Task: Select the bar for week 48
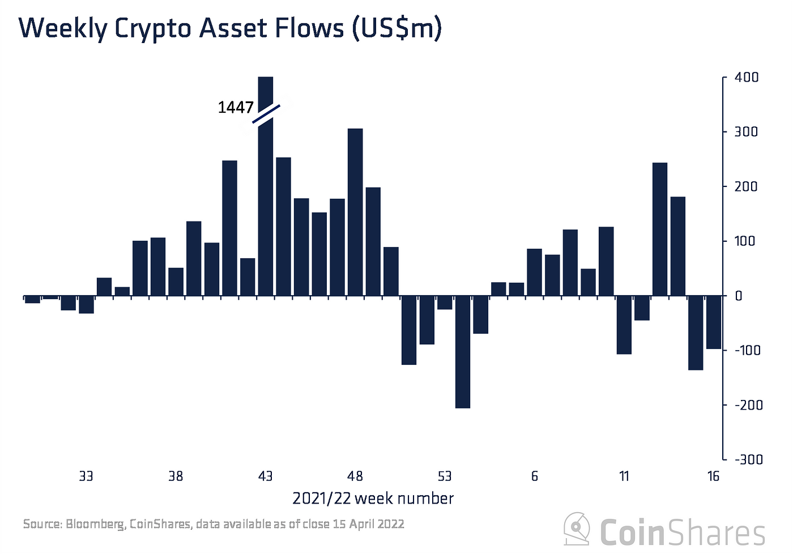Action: (355, 212)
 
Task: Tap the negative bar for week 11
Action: (624, 325)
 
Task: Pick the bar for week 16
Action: (714, 322)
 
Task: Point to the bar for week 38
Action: (176, 282)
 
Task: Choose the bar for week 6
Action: (534, 272)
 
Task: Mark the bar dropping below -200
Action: (462, 352)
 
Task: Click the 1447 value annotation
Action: (236, 108)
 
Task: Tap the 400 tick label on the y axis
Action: (747, 77)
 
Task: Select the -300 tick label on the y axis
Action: (748, 459)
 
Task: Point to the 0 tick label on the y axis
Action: (738, 296)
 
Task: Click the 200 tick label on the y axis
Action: (746, 186)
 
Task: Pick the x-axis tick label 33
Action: (86, 476)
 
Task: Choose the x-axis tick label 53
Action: (445, 476)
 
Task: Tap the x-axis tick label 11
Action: (624, 476)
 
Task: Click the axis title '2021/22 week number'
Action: (373, 499)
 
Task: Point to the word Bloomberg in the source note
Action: (95, 524)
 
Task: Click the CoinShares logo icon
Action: (577, 529)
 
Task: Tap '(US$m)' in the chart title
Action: (396, 28)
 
